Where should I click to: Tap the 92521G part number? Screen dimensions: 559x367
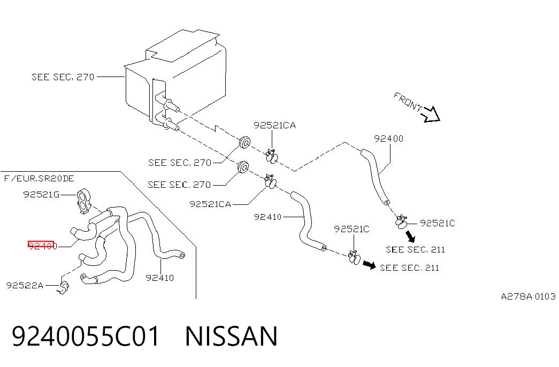click(x=41, y=194)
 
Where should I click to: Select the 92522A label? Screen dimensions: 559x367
click(x=25, y=285)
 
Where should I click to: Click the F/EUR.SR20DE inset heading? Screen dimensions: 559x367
click(x=39, y=178)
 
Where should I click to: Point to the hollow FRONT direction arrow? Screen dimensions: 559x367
click(x=431, y=114)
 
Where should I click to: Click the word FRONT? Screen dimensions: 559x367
click(x=408, y=101)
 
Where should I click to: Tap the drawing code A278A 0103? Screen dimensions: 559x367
click(x=529, y=296)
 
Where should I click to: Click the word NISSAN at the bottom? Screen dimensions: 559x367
click(x=231, y=336)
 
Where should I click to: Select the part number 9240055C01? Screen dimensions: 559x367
click(x=86, y=336)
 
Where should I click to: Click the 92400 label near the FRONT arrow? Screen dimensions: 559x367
click(x=388, y=139)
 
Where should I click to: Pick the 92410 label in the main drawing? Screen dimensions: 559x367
click(x=267, y=217)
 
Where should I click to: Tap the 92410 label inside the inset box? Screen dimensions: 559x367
click(x=160, y=278)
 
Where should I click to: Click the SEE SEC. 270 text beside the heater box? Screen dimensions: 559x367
click(x=63, y=77)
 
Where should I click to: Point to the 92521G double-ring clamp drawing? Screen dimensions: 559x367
click(x=84, y=201)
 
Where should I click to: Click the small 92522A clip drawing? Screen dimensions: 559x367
click(x=64, y=287)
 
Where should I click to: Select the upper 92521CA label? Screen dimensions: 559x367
click(x=274, y=125)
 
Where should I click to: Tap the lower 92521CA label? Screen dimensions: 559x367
click(x=210, y=204)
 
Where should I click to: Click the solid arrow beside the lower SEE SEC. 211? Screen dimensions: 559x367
click(x=369, y=265)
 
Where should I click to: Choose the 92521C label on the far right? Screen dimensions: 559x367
click(x=438, y=223)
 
